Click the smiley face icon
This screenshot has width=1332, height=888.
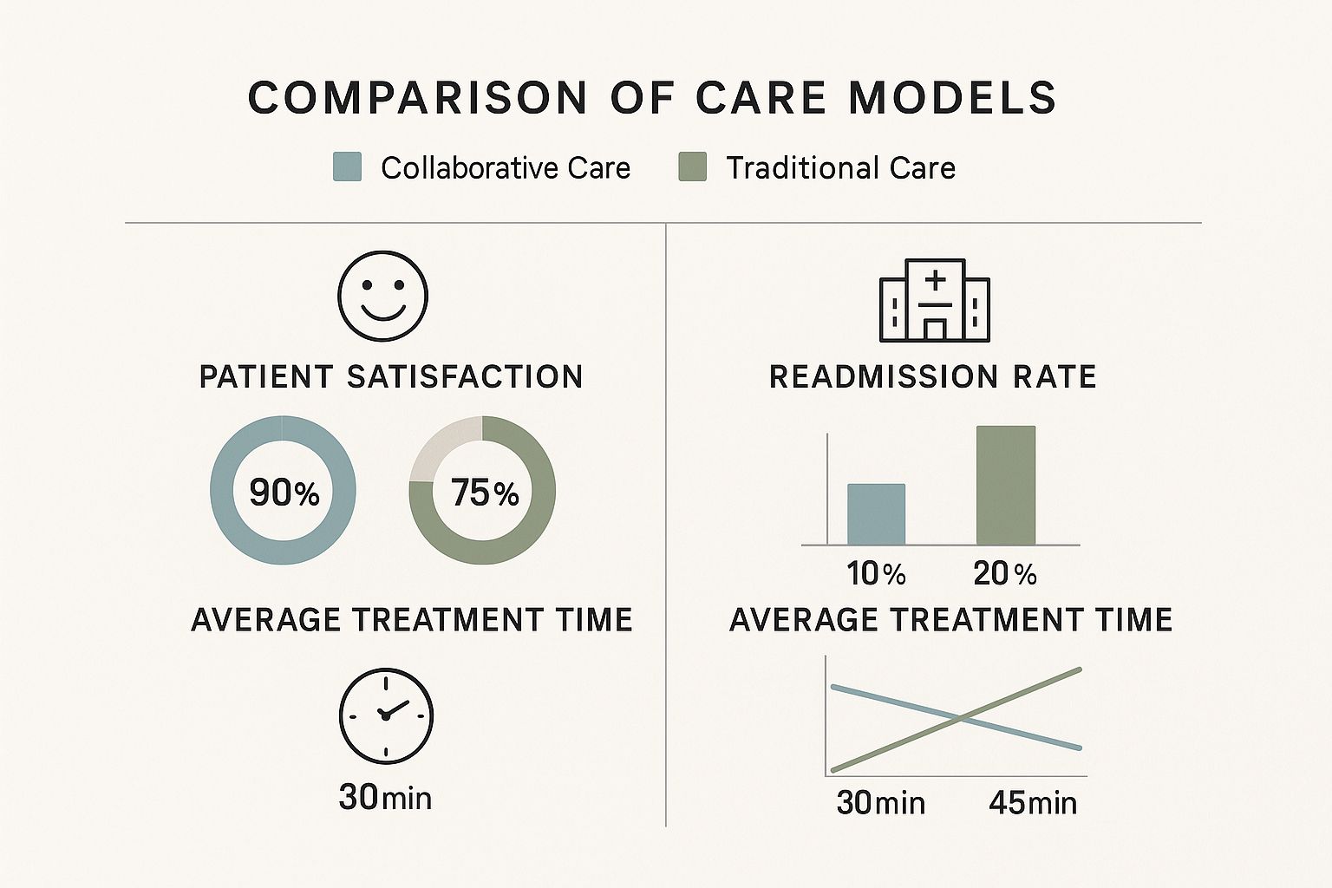[x=382, y=296]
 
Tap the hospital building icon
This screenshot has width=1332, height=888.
[x=935, y=300]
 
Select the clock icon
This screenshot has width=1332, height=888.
[x=385, y=715]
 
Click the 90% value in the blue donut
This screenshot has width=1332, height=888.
[x=284, y=493]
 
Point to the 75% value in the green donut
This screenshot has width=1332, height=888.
[x=484, y=493]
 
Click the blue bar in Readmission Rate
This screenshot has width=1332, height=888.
[x=876, y=514]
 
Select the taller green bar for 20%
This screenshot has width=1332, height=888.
[x=1006, y=486]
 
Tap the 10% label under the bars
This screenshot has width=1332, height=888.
[x=876, y=574]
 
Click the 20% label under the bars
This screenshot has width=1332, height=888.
[x=1005, y=574]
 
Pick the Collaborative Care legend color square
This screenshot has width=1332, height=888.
[x=347, y=166]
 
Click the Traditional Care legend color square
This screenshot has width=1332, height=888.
[x=692, y=166]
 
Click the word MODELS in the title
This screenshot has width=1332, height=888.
[x=952, y=97]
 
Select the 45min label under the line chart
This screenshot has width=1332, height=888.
[x=1033, y=803]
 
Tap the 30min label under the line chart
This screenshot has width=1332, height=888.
[x=880, y=803]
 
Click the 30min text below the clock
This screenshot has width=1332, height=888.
[x=385, y=797]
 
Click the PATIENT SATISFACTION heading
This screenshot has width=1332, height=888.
[x=391, y=377]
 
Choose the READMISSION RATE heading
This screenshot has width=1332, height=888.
[x=933, y=377]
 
